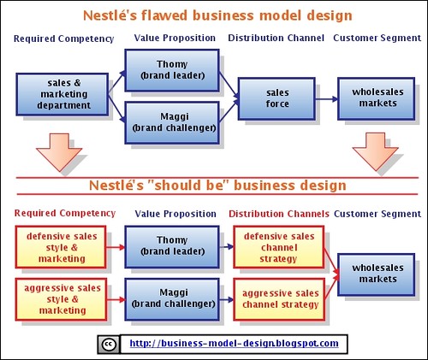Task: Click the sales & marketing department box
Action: click(x=62, y=94)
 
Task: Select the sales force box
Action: click(x=276, y=98)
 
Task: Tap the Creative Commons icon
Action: click(x=109, y=345)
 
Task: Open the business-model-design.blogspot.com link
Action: click(x=234, y=343)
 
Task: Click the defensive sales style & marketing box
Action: click(x=61, y=247)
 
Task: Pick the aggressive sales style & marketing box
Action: click(x=62, y=299)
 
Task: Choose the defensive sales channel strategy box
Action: click(x=279, y=247)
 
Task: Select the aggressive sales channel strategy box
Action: click(x=279, y=299)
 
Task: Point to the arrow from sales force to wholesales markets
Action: click(x=327, y=99)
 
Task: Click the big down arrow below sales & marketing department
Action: click(x=59, y=152)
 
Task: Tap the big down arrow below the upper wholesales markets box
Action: click(x=375, y=152)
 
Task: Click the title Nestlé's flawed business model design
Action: click(x=217, y=15)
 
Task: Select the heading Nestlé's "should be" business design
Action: click(x=217, y=186)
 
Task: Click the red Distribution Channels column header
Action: click(x=279, y=214)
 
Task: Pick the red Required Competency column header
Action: click(x=65, y=213)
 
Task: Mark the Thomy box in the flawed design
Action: click(x=172, y=70)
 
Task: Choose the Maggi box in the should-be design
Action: click(x=172, y=299)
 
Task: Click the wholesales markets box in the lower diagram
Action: click(x=377, y=274)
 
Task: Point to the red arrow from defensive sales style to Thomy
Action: click(x=116, y=247)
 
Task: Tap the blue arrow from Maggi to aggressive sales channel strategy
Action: click(x=227, y=299)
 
